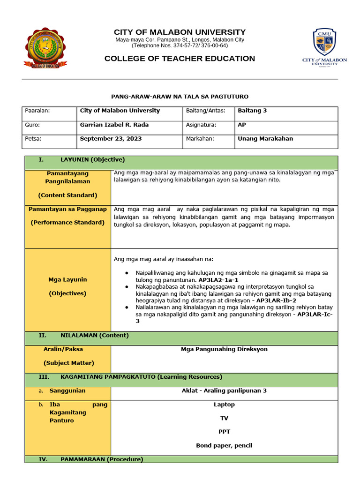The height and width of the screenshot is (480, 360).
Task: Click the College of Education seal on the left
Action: [45, 48]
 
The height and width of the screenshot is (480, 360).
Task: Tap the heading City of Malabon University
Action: [180, 32]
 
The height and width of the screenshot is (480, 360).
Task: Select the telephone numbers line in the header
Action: [180, 46]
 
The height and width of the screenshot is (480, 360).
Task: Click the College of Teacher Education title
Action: [180, 59]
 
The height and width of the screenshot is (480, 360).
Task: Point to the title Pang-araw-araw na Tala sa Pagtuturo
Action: [180, 96]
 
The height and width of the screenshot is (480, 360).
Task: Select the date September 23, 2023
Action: [111, 139]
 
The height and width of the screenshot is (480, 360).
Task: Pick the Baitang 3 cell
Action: [252, 111]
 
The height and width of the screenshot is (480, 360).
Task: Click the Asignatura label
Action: [201, 125]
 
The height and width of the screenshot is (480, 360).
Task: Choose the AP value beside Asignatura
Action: [242, 125]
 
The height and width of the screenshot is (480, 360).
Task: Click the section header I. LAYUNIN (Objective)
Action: [82, 159]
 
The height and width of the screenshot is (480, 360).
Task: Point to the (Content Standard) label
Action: [67, 195]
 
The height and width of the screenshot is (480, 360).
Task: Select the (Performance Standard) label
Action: [67, 223]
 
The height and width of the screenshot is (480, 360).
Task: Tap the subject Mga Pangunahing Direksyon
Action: [224, 349]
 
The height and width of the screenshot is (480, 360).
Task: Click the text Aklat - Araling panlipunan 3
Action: [224, 390]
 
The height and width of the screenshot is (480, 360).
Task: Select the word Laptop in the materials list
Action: [224, 405]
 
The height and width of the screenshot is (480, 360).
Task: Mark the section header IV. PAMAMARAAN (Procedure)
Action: [91, 459]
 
